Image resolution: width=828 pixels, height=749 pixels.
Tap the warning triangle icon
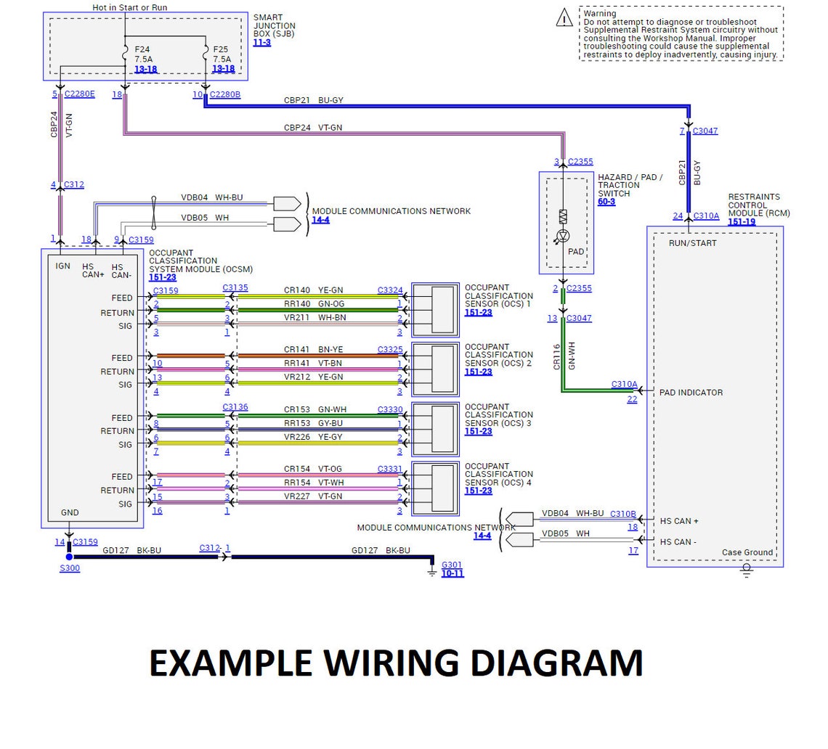tap(564, 18)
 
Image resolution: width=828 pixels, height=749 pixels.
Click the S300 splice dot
tap(70, 557)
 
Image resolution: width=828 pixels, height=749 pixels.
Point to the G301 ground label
tap(451, 565)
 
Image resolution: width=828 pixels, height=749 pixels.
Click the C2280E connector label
tap(79, 94)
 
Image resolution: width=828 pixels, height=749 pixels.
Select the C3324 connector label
tap(390, 290)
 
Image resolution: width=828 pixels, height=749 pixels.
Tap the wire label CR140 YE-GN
tap(313, 290)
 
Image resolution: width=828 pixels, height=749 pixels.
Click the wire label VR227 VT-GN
tap(313, 497)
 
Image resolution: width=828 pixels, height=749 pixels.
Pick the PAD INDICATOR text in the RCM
tap(691, 393)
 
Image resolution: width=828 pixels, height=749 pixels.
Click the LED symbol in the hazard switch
tap(562, 236)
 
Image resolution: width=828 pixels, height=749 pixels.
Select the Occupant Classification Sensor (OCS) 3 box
tap(435, 428)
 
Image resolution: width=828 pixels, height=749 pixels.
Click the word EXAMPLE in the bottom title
tap(231, 663)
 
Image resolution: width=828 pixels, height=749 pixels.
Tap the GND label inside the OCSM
tap(70, 512)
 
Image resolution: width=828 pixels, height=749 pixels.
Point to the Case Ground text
tap(747, 552)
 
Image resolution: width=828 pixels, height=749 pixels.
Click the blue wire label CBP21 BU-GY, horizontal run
tap(313, 100)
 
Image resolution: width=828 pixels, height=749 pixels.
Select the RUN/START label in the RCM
tap(692, 243)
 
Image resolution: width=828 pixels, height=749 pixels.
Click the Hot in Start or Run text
tap(129, 7)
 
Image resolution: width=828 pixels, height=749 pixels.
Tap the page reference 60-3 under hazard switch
tap(606, 202)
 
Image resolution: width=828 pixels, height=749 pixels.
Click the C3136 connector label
tap(235, 407)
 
